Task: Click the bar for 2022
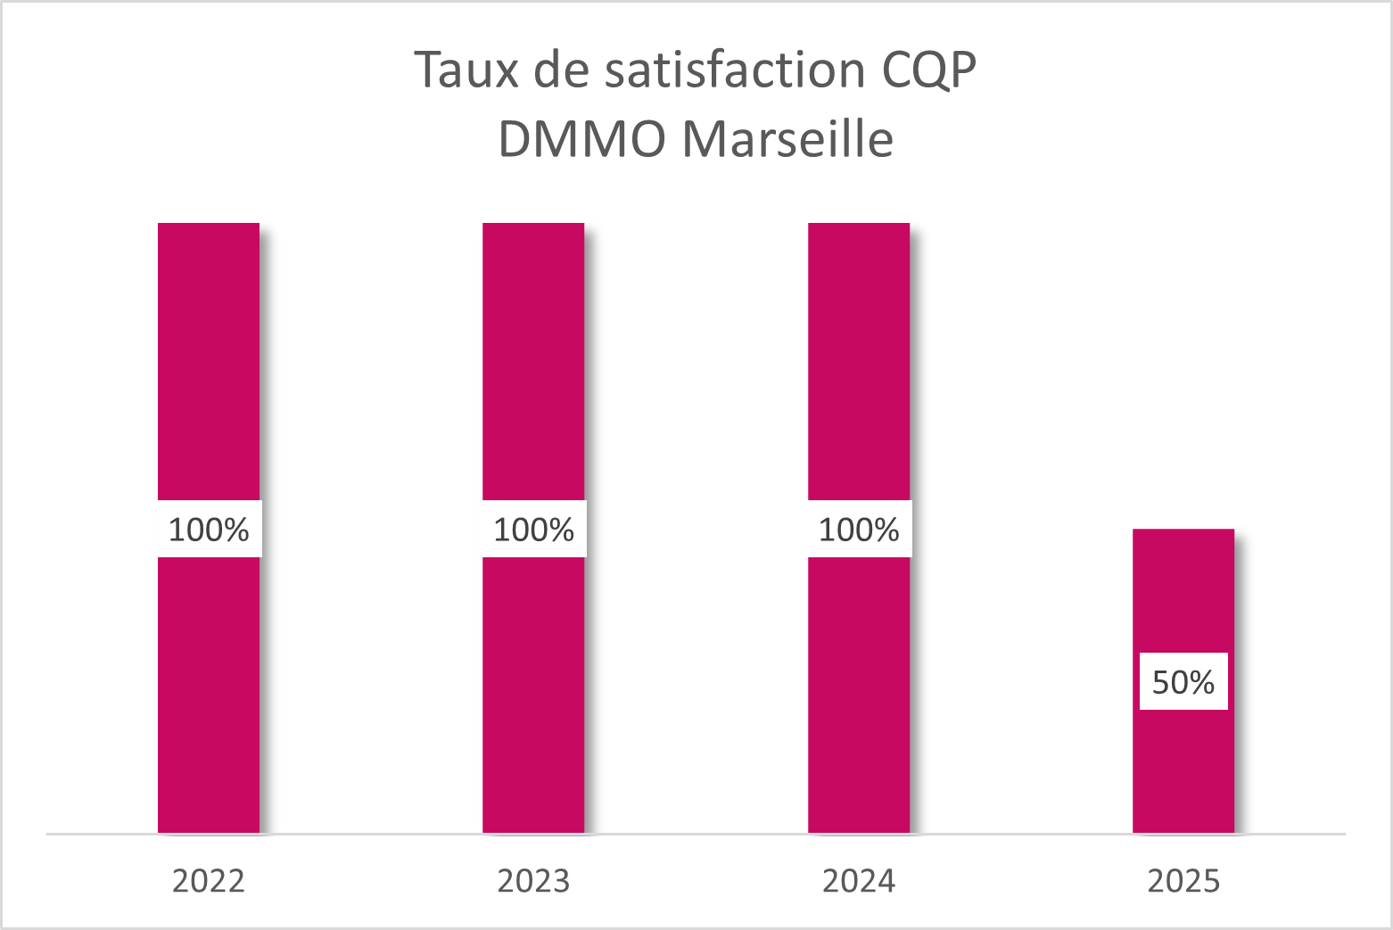click(x=209, y=357)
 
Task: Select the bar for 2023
click(x=533, y=357)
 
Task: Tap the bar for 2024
click(x=859, y=357)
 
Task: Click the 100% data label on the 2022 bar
click(x=209, y=530)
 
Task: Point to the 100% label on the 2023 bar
click(x=533, y=530)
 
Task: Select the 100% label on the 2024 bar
click(x=859, y=530)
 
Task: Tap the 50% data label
click(x=1183, y=682)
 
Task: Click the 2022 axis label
click(x=209, y=881)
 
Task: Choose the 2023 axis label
click(x=533, y=881)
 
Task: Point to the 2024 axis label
click(x=859, y=881)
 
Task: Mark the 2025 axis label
click(x=1183, y=881)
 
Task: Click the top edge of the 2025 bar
click(x=1183, y=531)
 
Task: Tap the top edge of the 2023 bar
click(x=533, y=224)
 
